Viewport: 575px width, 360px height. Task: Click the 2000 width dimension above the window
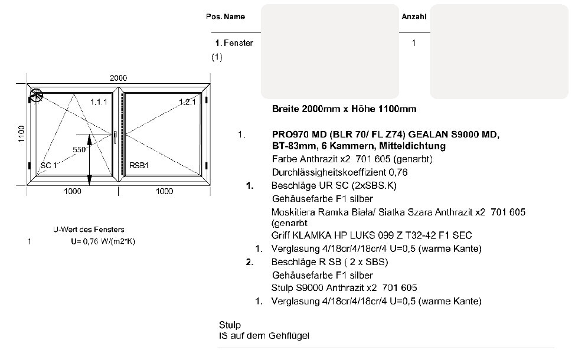point(118,78)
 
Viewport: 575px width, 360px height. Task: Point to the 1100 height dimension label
point(21,134)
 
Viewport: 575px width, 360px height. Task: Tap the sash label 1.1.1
point(99,102)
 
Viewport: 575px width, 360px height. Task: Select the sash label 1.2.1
point(187,102)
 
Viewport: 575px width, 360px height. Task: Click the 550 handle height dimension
point(79,149)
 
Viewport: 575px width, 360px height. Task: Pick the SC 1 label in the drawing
point(48,165)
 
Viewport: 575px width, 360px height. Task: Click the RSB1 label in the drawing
point(139,165)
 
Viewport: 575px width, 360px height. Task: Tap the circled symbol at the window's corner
point(36,96)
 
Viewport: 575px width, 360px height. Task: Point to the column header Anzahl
point(414,17)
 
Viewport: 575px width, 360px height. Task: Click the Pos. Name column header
point(226,17)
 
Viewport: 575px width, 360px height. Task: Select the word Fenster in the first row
point(239,43)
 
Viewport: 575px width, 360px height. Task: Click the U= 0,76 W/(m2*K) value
point(103,241)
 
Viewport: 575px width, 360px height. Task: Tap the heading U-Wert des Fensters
point(89,230)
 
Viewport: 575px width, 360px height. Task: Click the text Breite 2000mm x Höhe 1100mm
point(344,109)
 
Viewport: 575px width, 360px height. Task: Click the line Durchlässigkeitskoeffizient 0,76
point(340,172)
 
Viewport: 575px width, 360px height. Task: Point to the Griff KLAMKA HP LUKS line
point(372,235)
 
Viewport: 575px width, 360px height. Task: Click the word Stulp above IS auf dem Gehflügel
point(230,325)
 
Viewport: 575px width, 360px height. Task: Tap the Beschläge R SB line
point(329,262)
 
